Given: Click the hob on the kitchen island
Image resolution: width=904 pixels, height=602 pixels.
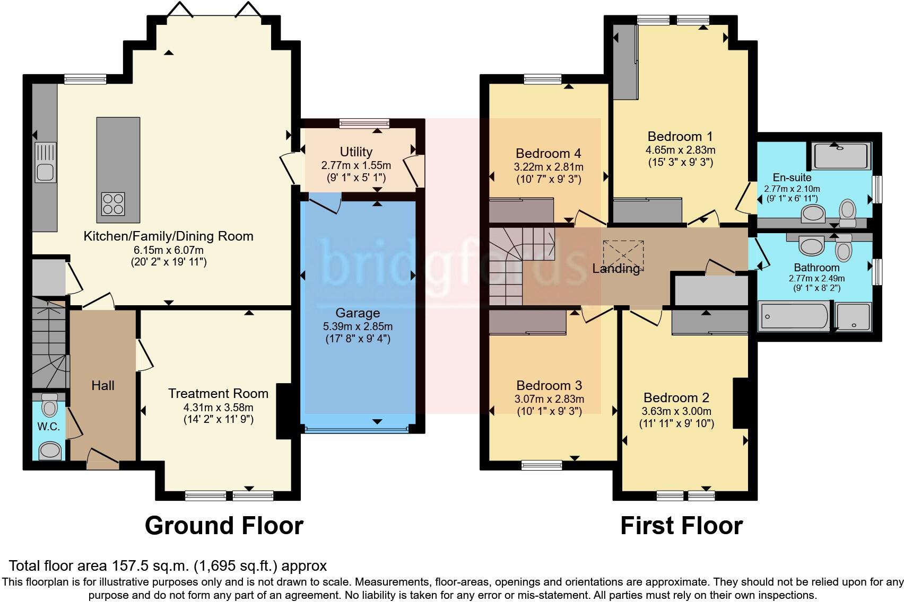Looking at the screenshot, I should [x=113, y=203].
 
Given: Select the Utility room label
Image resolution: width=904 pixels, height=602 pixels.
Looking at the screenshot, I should [x=356, y=152].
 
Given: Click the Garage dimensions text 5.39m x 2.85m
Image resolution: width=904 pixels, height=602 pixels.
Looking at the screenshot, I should [x=358, y=326].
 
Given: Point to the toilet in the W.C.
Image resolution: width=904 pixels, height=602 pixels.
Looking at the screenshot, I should [x=49, y=405].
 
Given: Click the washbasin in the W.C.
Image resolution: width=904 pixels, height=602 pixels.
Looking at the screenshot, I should [x=50, y=451].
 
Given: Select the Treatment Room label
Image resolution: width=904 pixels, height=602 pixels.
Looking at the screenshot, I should [x=218, y=394].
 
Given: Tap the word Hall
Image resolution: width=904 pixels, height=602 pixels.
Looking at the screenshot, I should [x=102, y=386].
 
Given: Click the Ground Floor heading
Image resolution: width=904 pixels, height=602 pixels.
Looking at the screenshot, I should [x=224, y=526].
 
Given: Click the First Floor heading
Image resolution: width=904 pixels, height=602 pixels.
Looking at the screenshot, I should [x=681, y=526].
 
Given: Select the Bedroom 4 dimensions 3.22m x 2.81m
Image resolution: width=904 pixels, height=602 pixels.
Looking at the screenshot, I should [x=549, y=167].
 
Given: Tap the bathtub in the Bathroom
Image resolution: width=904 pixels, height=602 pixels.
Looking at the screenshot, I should [x=794, y=317].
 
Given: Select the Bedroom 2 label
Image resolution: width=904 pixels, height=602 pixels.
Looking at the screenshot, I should [x=676, y=398].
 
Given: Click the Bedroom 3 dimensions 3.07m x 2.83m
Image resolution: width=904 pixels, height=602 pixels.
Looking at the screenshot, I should [x=549, y=399].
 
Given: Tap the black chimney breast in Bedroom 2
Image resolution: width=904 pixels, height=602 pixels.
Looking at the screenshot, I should [x=741, y=403].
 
